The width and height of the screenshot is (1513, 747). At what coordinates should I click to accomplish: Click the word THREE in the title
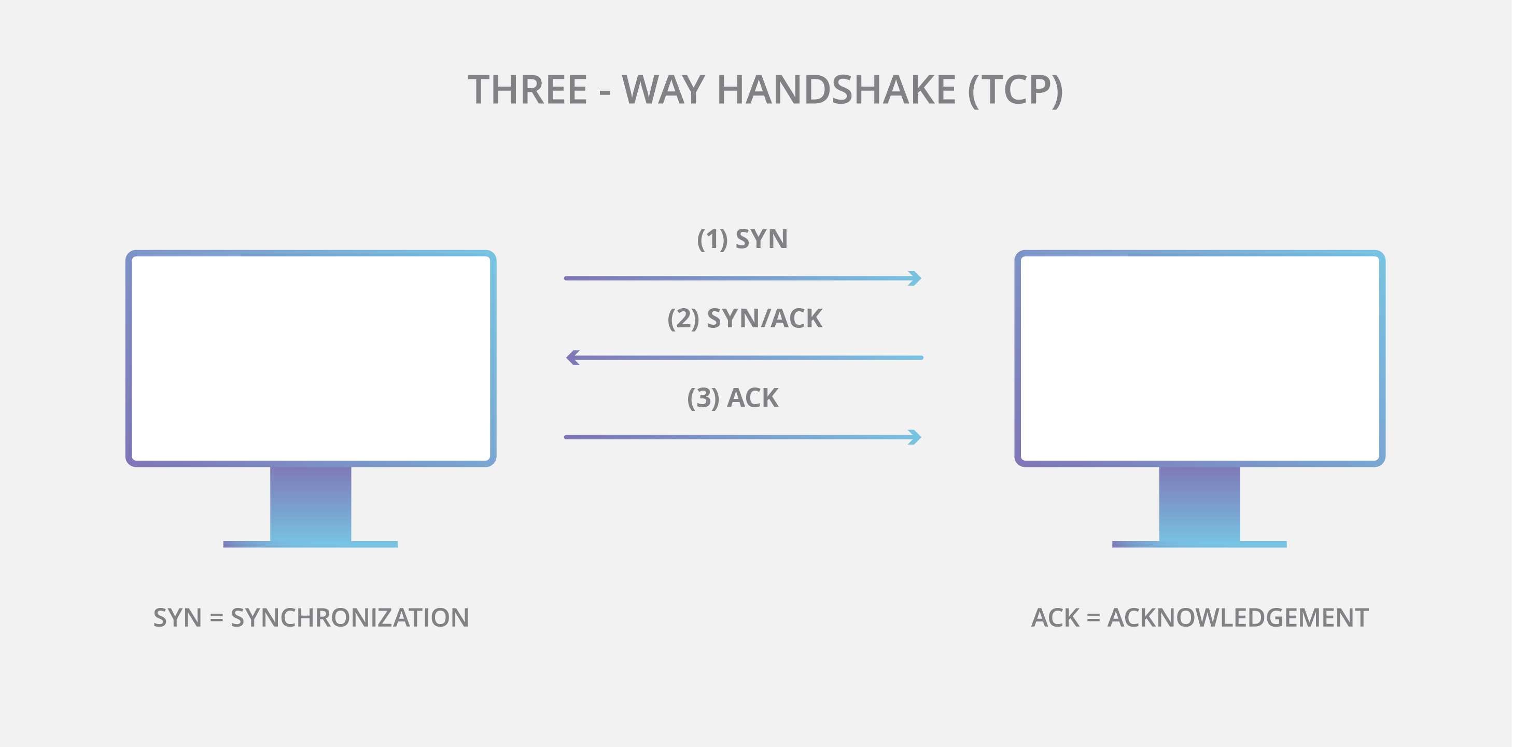point(527,90)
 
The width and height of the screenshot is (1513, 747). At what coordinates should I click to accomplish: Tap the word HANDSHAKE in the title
point(836,90)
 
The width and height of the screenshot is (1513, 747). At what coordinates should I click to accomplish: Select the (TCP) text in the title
point(1015,90)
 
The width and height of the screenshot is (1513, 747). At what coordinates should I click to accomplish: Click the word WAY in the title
point(663,90)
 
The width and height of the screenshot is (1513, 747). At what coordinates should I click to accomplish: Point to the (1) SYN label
point(742,239)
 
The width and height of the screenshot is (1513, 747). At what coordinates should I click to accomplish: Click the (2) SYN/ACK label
point(745,319)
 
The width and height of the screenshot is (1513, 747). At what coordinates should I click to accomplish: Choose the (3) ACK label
point(733,398)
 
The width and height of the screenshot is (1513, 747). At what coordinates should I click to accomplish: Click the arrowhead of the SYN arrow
point(915,278)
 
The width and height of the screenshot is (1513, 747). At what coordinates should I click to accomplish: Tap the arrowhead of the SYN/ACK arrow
point(572,357)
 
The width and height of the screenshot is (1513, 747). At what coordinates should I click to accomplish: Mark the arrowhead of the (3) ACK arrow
point(915,437)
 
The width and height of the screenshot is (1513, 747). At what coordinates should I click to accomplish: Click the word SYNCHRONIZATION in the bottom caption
point(349,618)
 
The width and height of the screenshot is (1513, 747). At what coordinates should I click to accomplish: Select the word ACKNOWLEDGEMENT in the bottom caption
point(1238,618)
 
